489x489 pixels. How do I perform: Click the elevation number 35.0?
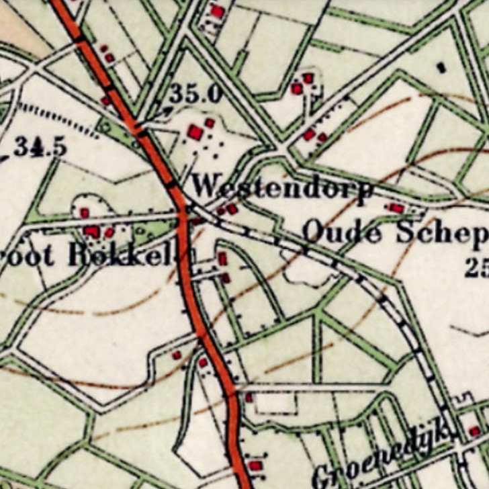click(195, 94)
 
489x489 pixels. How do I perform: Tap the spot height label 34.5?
click(40, 146)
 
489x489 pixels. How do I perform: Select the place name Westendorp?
click(282, 187)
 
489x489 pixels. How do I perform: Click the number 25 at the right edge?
click(477, 268)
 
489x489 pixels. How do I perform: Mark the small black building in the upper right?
click(441, 66)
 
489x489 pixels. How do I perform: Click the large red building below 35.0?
click(195, 132)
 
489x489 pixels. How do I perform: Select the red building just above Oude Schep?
click(396, 208)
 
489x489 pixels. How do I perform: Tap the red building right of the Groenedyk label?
click(474, 431)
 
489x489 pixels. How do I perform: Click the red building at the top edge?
click(217, 11)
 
